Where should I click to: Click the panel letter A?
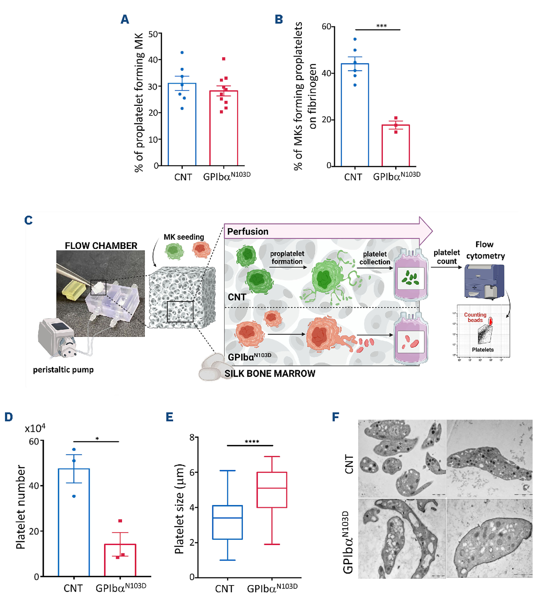(x=125, y=20)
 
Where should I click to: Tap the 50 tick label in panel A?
(x=153, y=34)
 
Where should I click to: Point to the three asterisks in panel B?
(x=381, y=26)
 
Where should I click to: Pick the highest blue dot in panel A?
(x=182, y=52)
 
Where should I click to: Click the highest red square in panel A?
(x=224, y=59)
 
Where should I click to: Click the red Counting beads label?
(x=475, y=317)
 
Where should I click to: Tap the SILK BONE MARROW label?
(x=269, y=373)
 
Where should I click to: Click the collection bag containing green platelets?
(x=410, y=275)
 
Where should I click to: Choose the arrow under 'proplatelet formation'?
(x=288, y=268)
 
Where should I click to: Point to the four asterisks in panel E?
(x=252, y=442)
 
